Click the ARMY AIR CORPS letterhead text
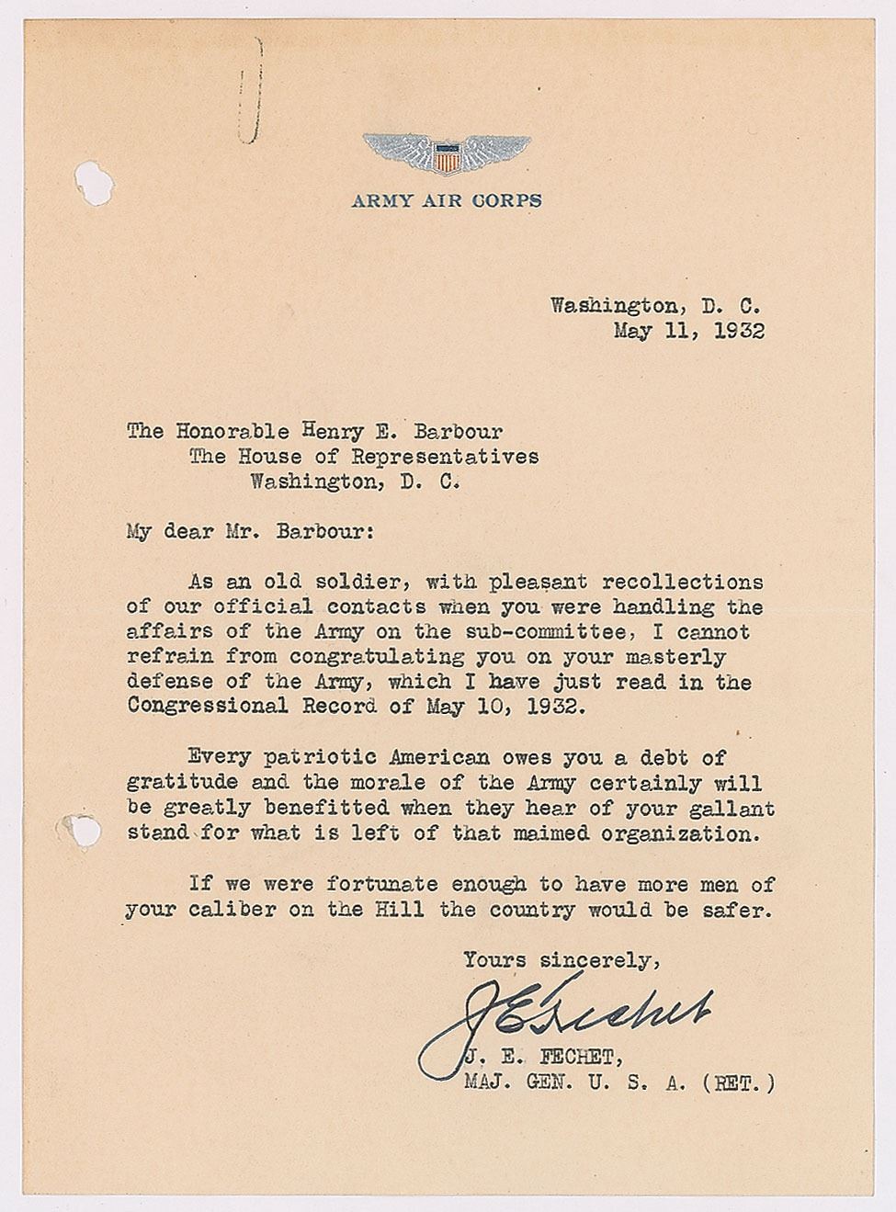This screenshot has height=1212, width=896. (x=447, y=200)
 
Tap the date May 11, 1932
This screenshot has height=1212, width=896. (x=689, y=331)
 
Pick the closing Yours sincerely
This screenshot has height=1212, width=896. (x=561, y=960)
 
